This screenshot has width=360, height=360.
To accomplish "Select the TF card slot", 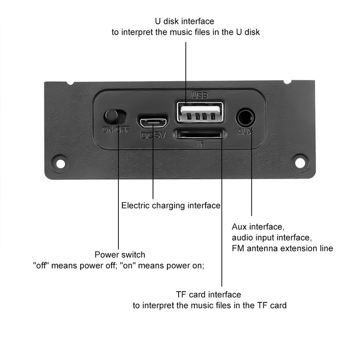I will [199, 134].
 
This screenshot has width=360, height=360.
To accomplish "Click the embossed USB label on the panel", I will [199, 95].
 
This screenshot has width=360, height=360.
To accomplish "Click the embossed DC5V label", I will [153, 135].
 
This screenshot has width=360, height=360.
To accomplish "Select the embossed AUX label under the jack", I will [245, 132].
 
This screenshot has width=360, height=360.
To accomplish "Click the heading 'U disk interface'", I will [184, 21].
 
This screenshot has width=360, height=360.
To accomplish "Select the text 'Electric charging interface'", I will [171, 206].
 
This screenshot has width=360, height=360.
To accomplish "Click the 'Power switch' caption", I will [120, 255].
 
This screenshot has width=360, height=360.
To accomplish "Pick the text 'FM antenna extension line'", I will [282, 248].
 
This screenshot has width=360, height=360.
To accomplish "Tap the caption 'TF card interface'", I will [208, 294].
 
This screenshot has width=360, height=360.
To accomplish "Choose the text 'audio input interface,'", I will [271, 237].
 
